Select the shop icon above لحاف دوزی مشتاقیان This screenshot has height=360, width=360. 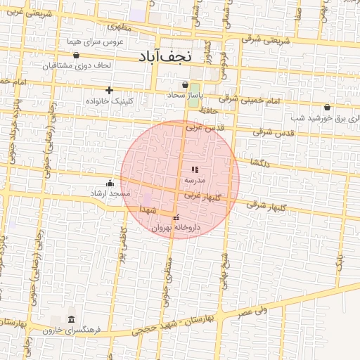tap(76, 55)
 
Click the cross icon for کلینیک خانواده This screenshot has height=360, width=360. tap(109, 90)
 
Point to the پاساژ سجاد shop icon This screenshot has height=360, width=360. tap(185, 85)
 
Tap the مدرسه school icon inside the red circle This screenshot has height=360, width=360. tap(195, 170)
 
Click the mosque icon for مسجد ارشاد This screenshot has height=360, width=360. tap(110, 184)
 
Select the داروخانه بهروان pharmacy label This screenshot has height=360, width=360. tap(176, 228)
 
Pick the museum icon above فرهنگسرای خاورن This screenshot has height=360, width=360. tap(71, 320)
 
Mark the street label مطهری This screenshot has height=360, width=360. tap(120, 27)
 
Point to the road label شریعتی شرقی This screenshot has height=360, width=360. tap(265, 41)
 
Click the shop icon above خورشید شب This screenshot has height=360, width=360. tap(327, 108)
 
